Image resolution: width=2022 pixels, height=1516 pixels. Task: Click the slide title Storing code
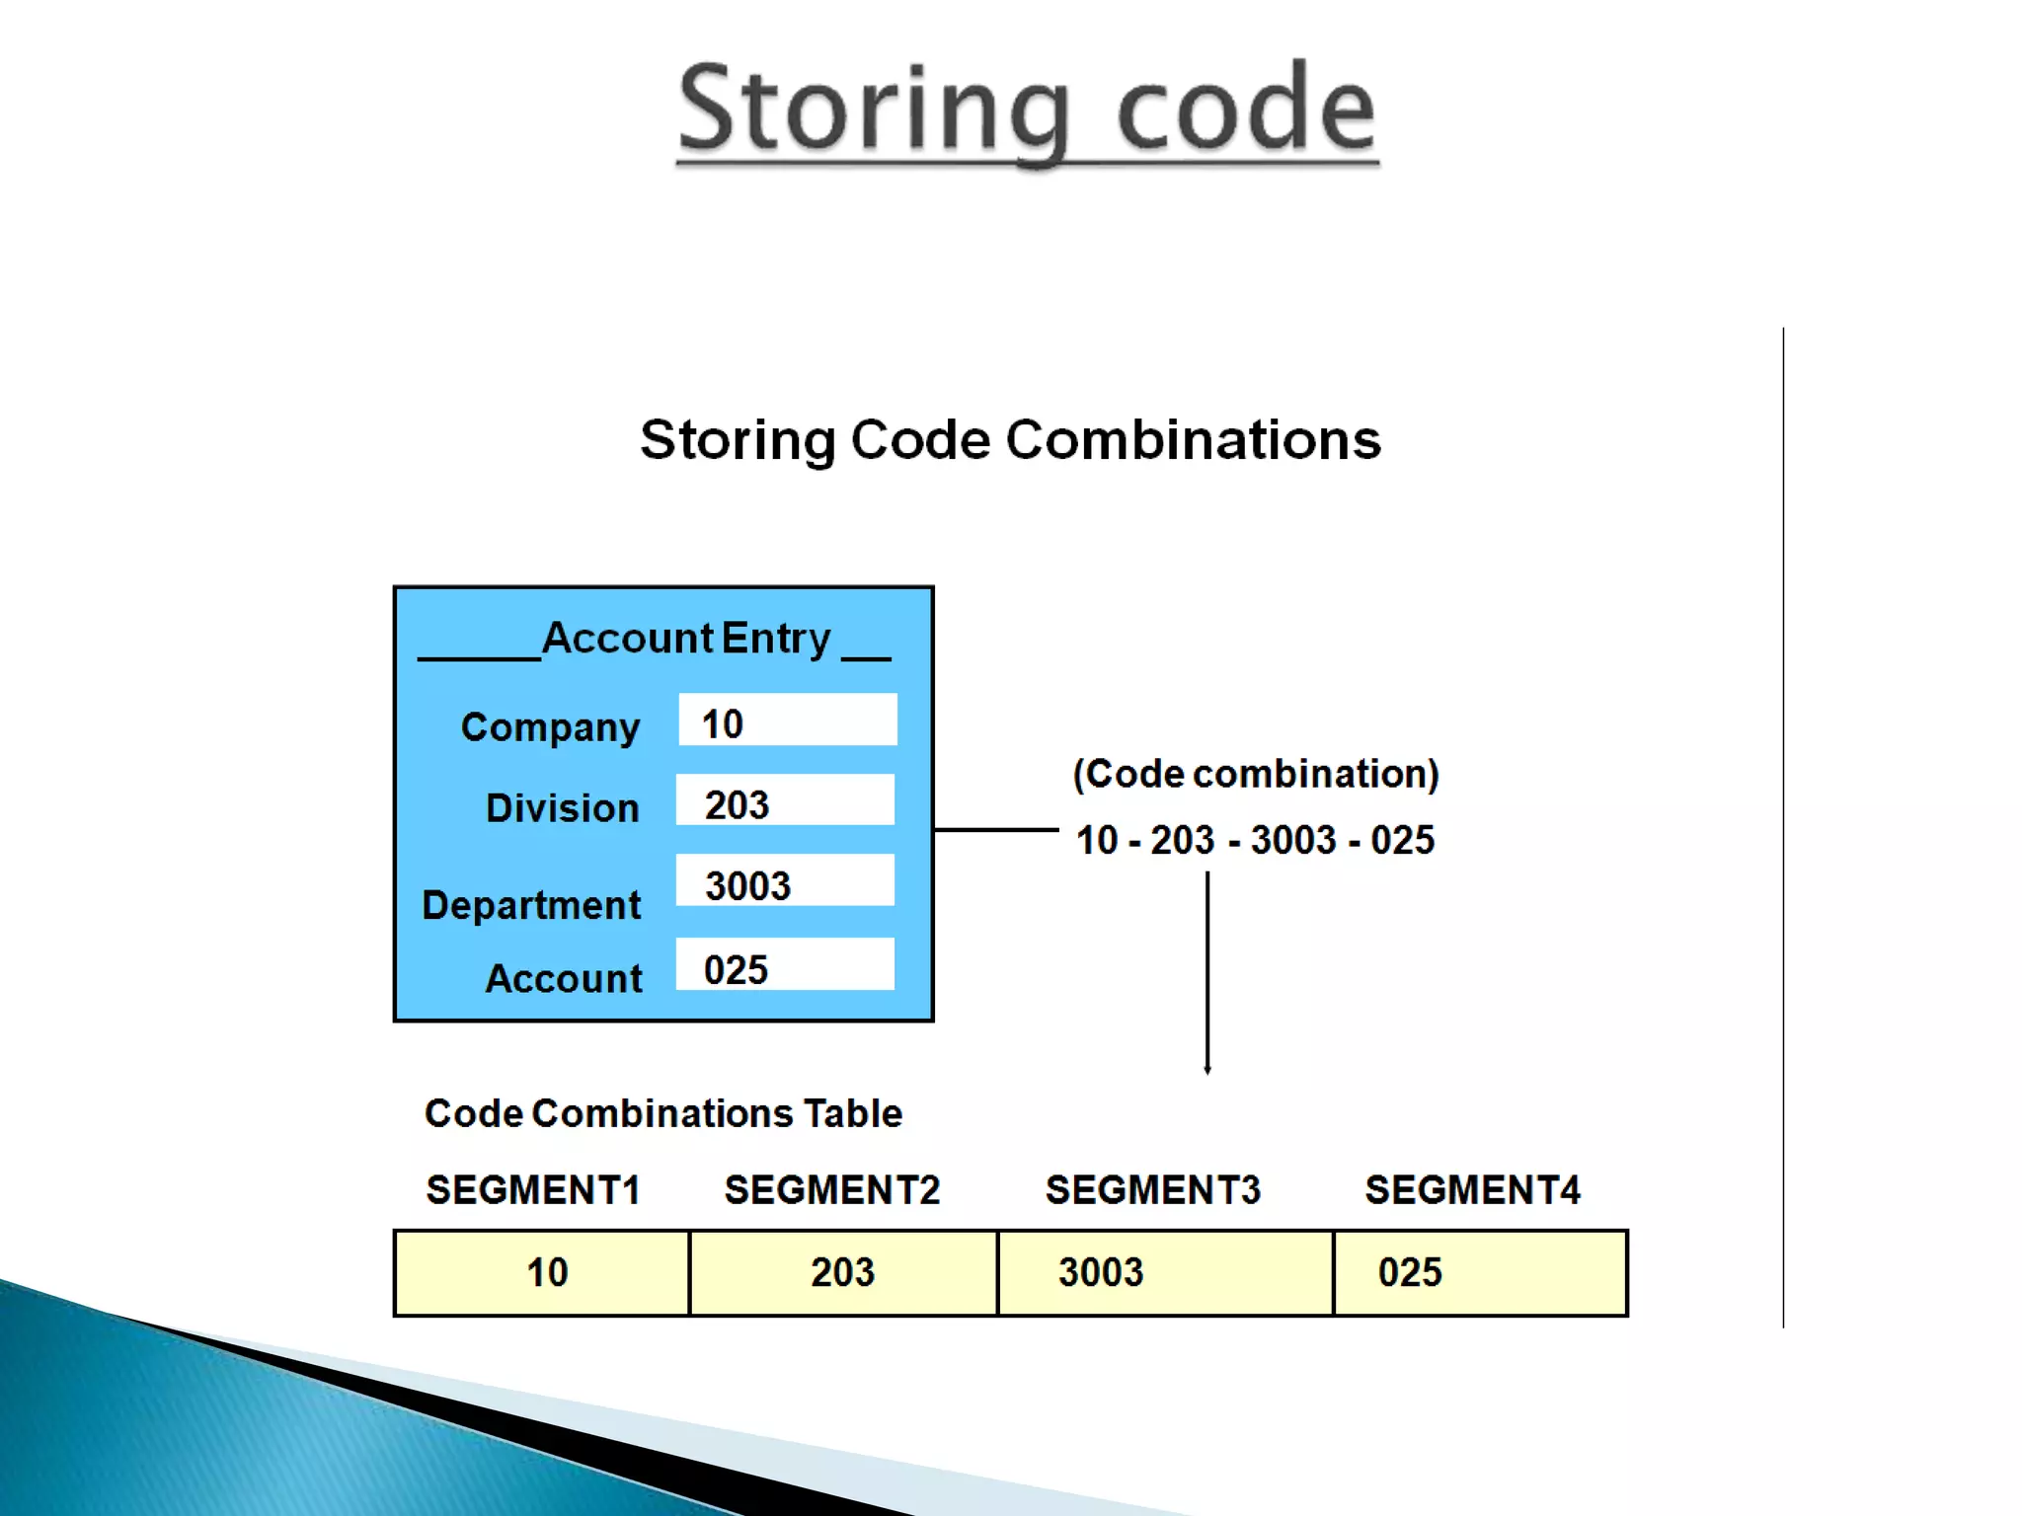(x=1027, y=109)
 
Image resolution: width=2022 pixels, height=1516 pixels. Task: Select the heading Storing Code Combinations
(x=1010, y=439)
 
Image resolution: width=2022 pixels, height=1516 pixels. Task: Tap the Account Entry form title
(x=686, y=639)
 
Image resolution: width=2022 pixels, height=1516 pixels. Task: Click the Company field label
(x=551, y=727)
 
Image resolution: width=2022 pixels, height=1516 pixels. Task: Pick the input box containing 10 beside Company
(x=787, y=720)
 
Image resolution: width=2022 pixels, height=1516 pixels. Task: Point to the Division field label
(x=563, y=808)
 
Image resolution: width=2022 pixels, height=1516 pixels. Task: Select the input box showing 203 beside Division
(x=785, y=800)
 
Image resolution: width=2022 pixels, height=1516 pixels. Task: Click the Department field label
(x=531, y=905)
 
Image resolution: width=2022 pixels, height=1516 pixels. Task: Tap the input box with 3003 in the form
(x=785, y=880)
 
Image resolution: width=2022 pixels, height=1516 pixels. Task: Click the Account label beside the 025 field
(x=564, y=978)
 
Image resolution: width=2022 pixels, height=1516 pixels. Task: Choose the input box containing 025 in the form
(x=785, y=964)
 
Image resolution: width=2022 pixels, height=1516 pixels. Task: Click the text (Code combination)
(x=1256, y=774)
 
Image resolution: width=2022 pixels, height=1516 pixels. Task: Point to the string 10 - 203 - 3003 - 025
(x=1255, y=840)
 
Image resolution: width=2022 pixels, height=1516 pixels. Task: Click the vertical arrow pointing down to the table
(x=1206, y=972)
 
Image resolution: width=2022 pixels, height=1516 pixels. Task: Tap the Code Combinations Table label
(x=663, y=1113)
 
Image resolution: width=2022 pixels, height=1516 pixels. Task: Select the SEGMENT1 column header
(x=533, y=1190)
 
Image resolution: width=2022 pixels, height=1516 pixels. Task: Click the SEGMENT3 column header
(x=1153, y=1190)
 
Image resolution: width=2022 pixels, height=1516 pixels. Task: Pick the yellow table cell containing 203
(x=843, y=1273)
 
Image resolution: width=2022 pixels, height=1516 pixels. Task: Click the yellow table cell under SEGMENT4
(x=1480, y=1273)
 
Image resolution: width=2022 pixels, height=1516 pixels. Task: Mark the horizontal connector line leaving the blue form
(x=995, y=830)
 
